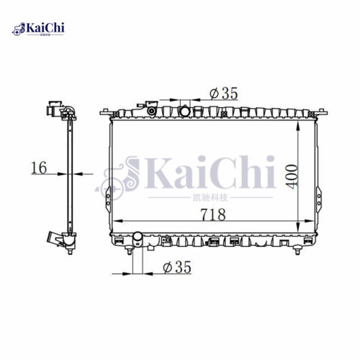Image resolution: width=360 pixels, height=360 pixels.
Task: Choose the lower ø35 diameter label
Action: pyautogui.click(x=176, y=267)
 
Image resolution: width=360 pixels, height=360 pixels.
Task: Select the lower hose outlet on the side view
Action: pyautogui.click(x=53, y=239)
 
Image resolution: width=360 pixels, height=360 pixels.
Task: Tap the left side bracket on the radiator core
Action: pyautogui.click(x=107, y=194)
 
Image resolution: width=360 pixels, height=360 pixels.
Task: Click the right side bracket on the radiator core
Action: pyautogui.click(x=318, y=194)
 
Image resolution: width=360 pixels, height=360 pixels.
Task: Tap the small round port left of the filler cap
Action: pyautogui.click(x=152, y=111)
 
